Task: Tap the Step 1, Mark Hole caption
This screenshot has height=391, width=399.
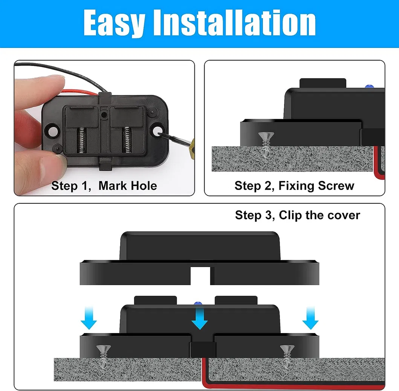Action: [104, 186]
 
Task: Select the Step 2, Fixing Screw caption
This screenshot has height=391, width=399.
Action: [294, 186]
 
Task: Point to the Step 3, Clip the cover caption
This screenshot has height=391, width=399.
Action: [297, 215]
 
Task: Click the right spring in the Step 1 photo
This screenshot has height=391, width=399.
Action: [127, 140]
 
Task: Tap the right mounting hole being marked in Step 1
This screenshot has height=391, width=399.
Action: [157, 131]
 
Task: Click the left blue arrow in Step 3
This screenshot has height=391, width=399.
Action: [89, 318]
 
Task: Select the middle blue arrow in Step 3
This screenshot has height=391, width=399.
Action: [199, 318]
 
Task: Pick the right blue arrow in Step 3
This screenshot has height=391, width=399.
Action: [310, 318]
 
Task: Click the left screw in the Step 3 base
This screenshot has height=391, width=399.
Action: [102, 356]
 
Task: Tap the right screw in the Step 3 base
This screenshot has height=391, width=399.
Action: [287, 356]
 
